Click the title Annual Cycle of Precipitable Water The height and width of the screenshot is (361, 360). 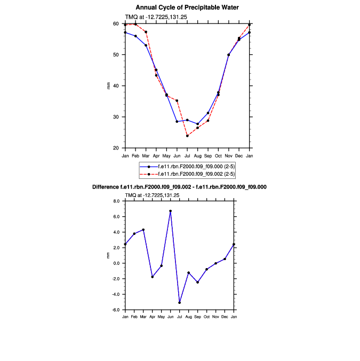click(x=187, y=7)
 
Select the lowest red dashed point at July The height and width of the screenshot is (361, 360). click(x=187, y=136)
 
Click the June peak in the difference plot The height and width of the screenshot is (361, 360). click(x=171, y=211)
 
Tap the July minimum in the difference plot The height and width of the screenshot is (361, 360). click(x=180, y=303)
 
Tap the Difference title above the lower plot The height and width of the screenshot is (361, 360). click(x=187, y=187)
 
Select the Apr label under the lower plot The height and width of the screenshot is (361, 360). click(x=153, y=317)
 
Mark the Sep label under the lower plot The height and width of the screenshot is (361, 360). click(x=197, y=317)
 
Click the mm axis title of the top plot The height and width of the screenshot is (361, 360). click(x=109, y=86)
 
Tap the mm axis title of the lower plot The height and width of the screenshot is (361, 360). click(x=109, y=256)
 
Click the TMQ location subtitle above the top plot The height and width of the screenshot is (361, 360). click(x=156, y=17)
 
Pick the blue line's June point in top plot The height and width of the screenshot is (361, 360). click(x=177, y=122)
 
